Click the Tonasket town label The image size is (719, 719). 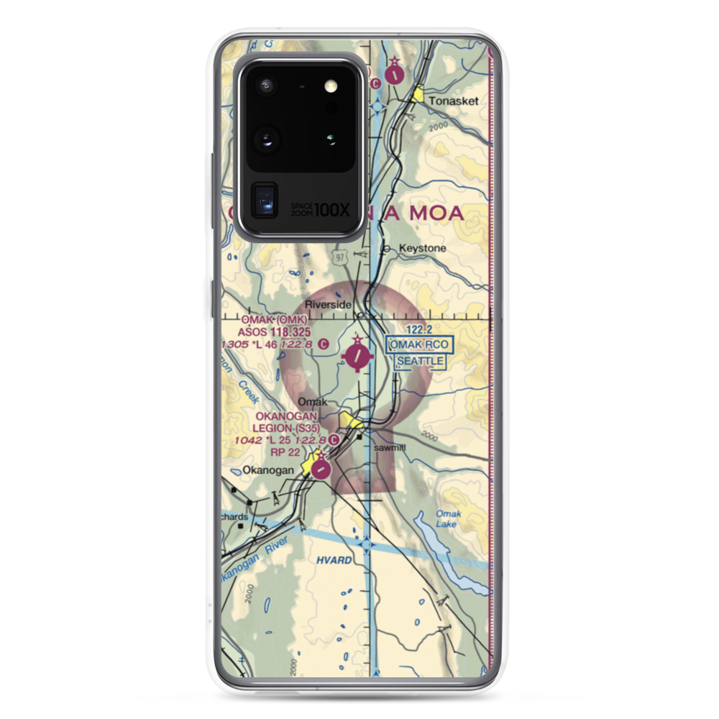(454, 101)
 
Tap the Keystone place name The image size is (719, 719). (423, 248)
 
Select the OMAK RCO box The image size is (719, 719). (419, 344)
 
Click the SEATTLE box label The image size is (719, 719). (421, 359)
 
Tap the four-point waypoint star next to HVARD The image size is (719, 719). (368, 546)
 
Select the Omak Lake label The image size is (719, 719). (447, 520)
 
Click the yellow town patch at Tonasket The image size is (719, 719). (418, 94)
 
